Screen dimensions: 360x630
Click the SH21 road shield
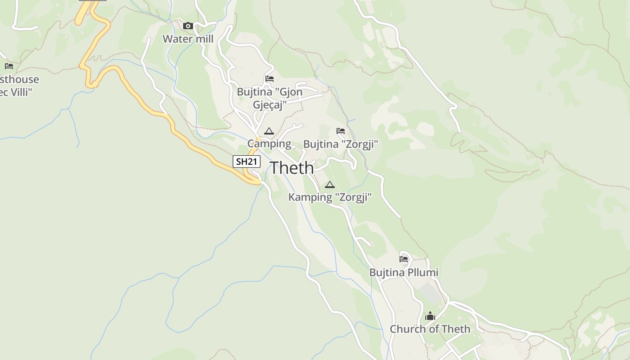(247, 161)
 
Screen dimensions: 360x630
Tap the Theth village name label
(292, 168)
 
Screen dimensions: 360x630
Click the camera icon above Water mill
(188, 26)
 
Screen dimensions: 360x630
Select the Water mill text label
(188, 39)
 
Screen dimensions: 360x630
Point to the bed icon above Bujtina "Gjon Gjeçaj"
(270, 79)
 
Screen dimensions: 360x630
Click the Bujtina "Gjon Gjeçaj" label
(270, 98)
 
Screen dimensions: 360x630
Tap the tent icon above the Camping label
(269, 131)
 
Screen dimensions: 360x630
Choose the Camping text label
(269, 144)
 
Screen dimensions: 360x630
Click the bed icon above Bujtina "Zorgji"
(341, 131)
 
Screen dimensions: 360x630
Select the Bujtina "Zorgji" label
(341, 144)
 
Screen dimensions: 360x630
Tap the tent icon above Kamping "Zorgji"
(330, 184)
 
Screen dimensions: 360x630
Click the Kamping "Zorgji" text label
(330, 197)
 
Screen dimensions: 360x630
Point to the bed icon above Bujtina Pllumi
(404, 259)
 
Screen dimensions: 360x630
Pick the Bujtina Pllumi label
(404, 273)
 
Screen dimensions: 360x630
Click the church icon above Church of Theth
(430, 316)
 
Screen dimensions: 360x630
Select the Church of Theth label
(430, 329)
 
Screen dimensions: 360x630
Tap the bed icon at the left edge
(9, 66)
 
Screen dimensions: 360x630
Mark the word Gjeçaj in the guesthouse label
(270, 105)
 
